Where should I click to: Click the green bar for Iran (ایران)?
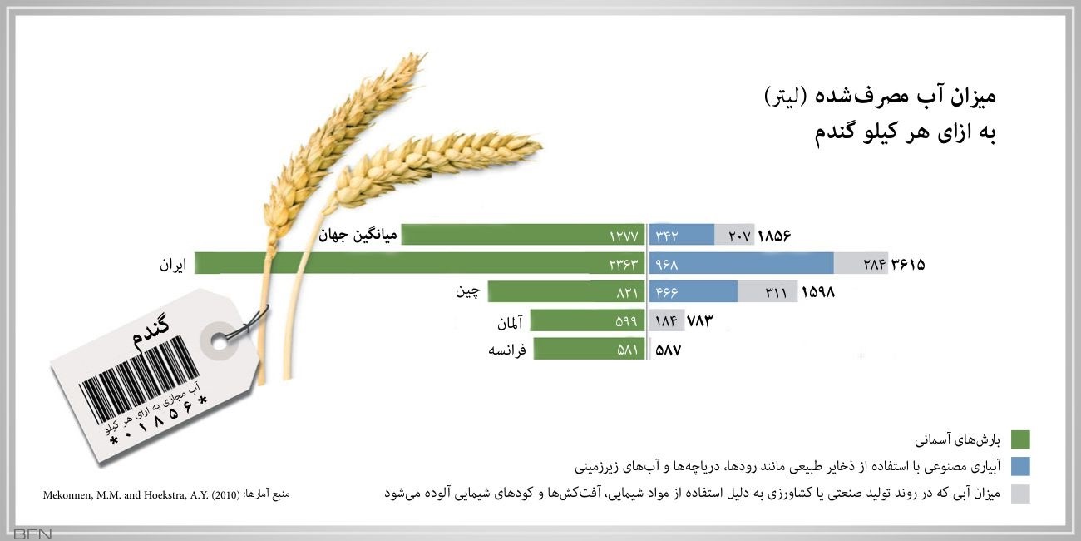pyautogui.click(x=416, y=264)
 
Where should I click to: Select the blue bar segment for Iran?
pyautogui.click(x=740, y=264)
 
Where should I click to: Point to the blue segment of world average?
pyautogui.click(x=681, y=236)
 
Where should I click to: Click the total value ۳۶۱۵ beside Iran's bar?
pyautogui.click(x=908, y=265)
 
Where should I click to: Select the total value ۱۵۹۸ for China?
pyautogui.click(x=817, y=292)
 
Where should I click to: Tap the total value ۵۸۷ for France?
pyautogui.click(x=669, y=350)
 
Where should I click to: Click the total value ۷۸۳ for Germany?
pyautogui.click(x=699, y=321)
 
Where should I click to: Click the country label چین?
pyautogui.click(x=467, y=292)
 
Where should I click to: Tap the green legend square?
pyautogui.click(x=1020, y=439)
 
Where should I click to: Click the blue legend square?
pyautogui.click(x=1020, y=466)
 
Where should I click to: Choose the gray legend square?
pyautogui.click(x=1020, y=494)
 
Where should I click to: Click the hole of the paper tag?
pyautogui.click(x=220, y=340)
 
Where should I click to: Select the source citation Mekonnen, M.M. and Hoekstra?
pyautogui.click(x=141, y=494)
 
